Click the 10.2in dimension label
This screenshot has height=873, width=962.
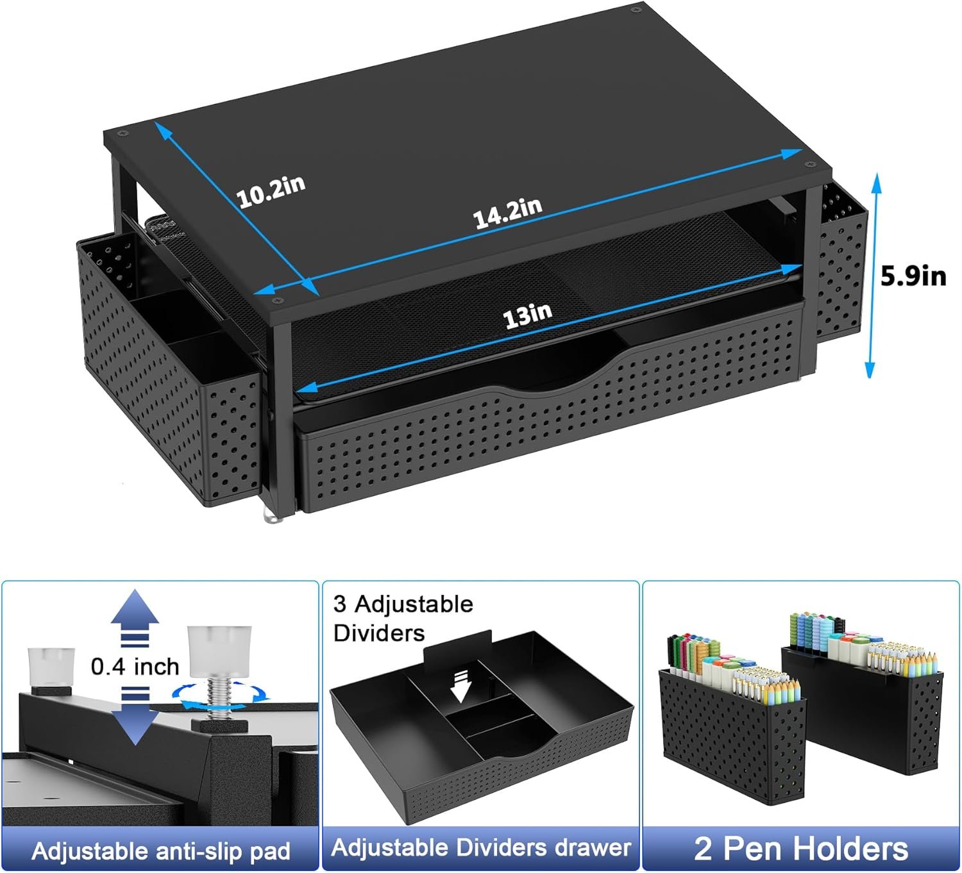271,191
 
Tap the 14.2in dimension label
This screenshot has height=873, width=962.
507,213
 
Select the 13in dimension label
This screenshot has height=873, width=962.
527,316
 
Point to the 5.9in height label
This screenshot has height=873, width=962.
913,276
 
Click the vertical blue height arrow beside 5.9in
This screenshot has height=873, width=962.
872,276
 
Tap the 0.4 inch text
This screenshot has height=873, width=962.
135,667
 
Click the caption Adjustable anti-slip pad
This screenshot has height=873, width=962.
160,851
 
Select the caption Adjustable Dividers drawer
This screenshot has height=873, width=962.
481,848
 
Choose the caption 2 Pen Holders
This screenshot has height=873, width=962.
801,848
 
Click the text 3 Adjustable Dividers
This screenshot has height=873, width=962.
403,618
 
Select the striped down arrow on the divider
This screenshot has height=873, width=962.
461,685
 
